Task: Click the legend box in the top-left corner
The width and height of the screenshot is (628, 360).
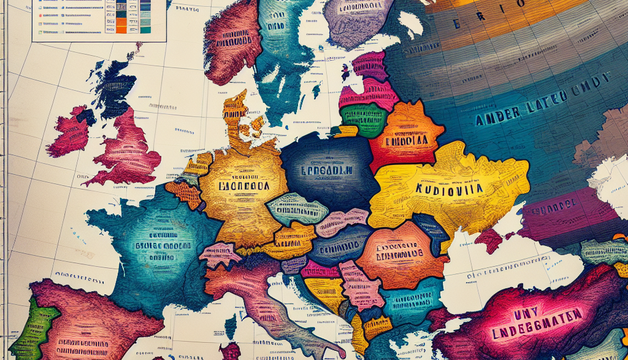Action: click(x=98, y=20)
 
